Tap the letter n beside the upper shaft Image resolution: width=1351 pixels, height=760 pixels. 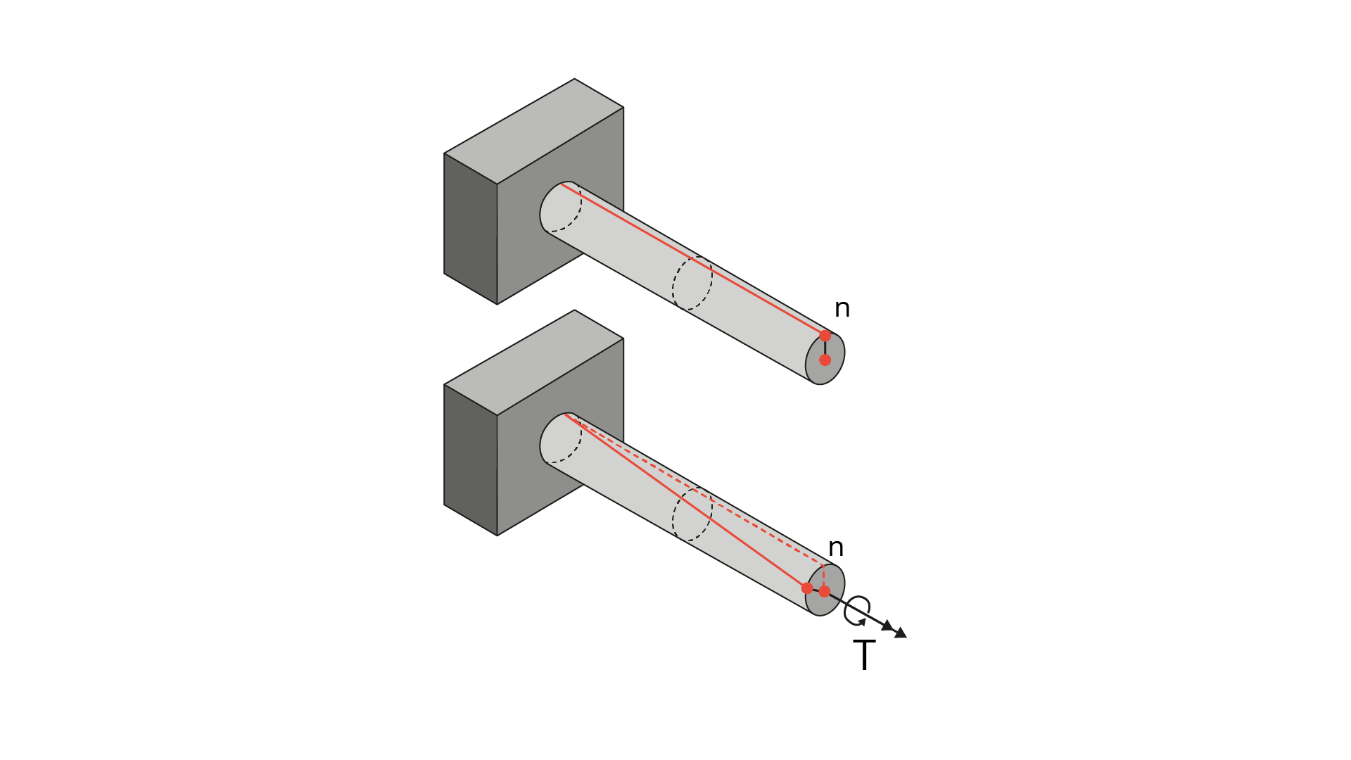point(842,308)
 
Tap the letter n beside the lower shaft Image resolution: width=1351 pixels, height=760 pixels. point(836,547)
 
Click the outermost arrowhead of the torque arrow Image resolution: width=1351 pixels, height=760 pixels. point(900,633)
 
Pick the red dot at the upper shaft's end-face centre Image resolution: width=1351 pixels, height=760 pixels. point(825,360)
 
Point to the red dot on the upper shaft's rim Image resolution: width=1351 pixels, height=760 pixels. point(825,336)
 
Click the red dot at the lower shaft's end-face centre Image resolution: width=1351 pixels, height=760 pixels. point(825,592)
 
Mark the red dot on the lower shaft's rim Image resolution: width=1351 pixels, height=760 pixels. point(807,588)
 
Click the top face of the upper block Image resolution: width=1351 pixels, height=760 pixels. point(534,132)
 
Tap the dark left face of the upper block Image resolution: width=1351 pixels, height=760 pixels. point(471,229)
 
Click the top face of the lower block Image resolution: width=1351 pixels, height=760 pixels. point(534,363)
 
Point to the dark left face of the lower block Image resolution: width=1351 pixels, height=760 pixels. point(471,460)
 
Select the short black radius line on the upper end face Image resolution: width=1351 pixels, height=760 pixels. point(825,348)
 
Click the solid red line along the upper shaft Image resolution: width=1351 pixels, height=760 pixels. point(693,260)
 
